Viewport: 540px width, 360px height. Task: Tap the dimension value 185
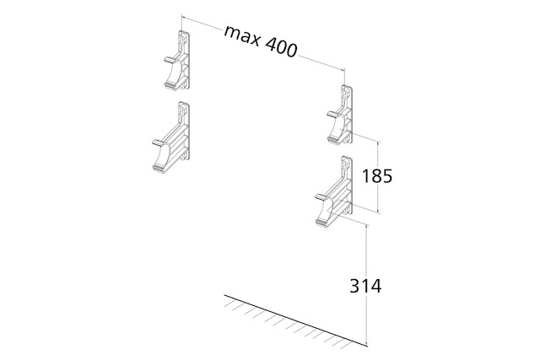click(x=377, y=176)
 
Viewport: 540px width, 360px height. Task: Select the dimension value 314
click(x=365, y=286)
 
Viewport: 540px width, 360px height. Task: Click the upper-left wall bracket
click(x=177, y=61)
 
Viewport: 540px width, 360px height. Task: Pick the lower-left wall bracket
click(x=171, y=137)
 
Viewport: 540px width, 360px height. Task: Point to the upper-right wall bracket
click(x=340, y=115)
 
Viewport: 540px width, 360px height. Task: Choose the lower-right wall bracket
click(x=334, y=191)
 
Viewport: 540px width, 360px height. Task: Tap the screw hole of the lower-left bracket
click(x=182, y=110)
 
